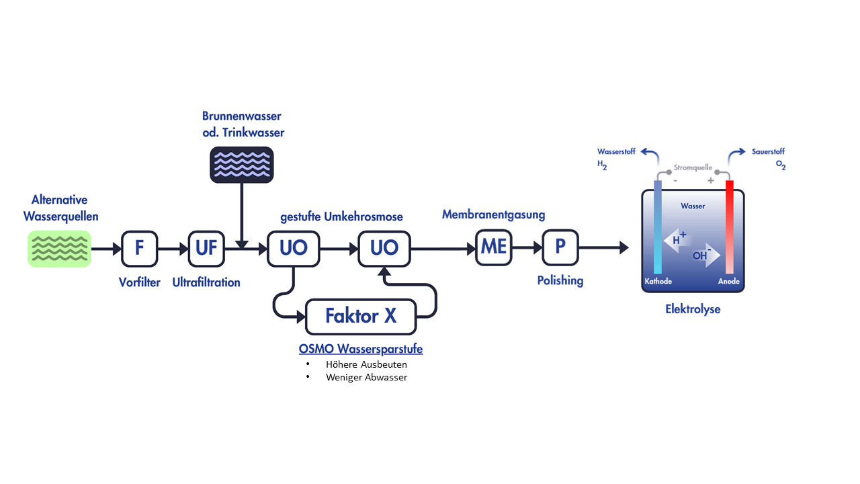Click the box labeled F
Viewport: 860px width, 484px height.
[x=139, y=248]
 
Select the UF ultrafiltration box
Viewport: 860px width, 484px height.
[x=206, y=248]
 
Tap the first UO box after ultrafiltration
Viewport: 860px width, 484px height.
[x=293, y=248]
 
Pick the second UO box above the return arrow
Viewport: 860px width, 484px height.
[x=384, y=248]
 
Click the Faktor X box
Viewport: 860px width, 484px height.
[x=361, y=316]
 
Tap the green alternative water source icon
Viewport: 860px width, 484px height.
[x=59, y=249]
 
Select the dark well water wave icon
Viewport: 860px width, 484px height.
[x=242, y=165]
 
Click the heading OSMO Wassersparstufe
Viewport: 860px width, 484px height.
[x=361, y=350]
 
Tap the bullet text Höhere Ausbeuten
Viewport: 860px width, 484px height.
[x=366, y=364]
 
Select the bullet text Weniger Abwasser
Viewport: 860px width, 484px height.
[x=366, y=377]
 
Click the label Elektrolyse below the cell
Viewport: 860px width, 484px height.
[x=693, y=310]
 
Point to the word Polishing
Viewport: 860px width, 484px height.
[x=560, y=280]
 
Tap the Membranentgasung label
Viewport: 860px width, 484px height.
[x=493, y=214]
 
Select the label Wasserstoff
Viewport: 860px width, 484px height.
[x=616, y=152]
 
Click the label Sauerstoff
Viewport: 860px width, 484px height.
[x=768, y=152]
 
